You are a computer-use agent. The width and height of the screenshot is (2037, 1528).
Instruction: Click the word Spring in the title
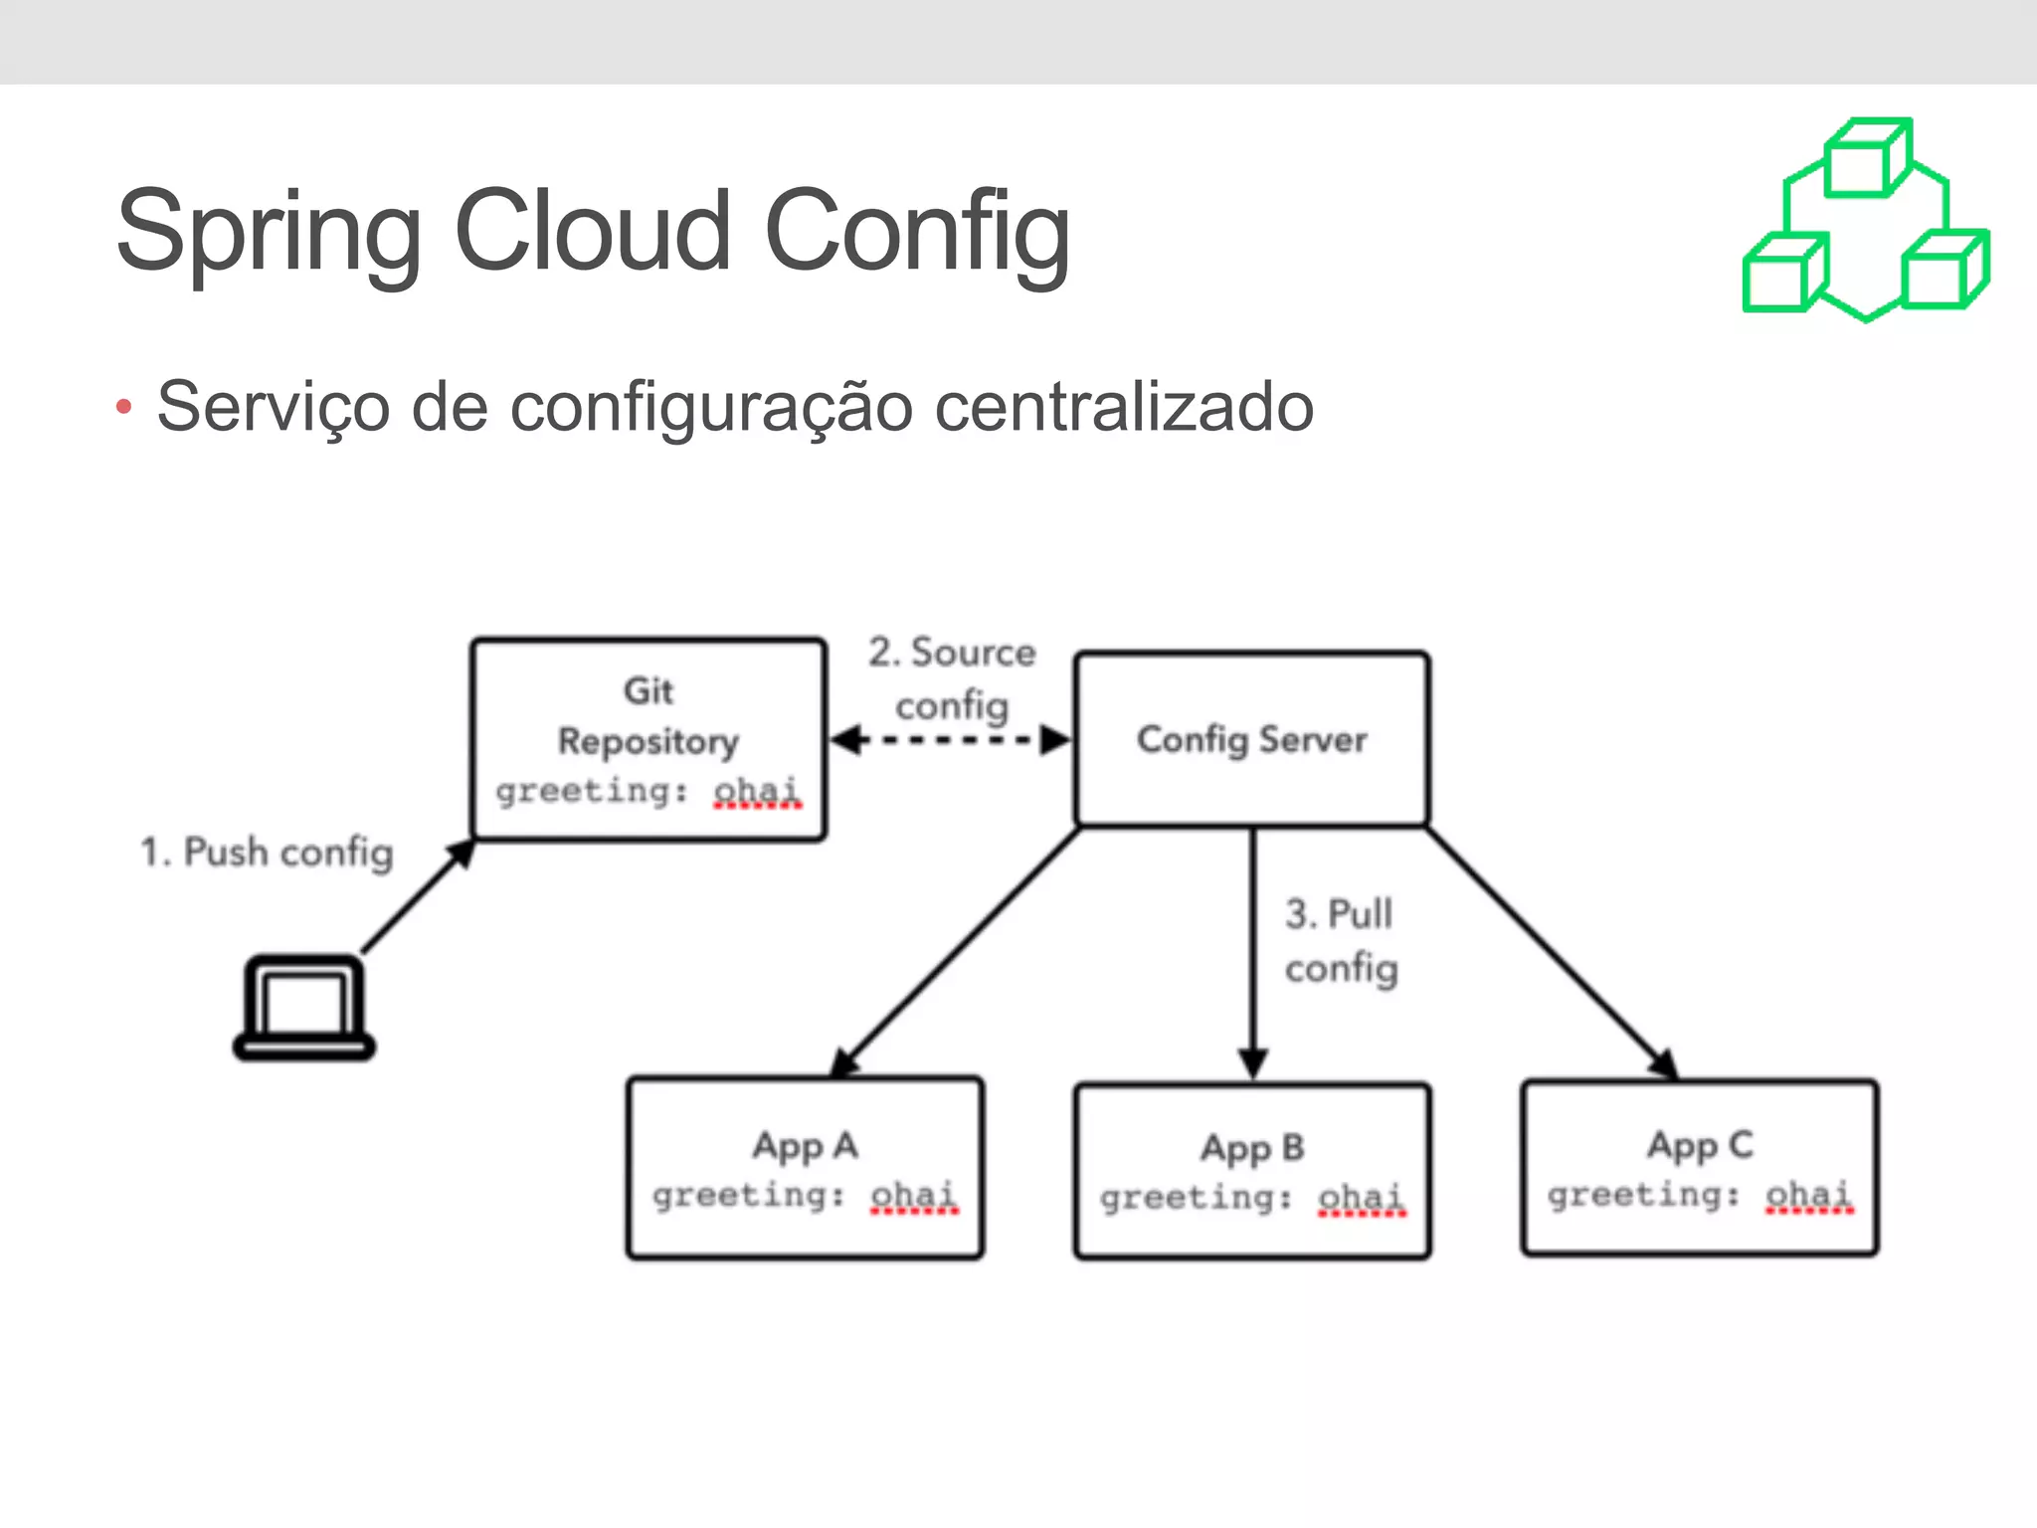pos(269,234)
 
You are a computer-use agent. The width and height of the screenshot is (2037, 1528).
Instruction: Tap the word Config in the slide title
pos(916,234)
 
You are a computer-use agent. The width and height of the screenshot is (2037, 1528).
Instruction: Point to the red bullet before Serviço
pos(123,406)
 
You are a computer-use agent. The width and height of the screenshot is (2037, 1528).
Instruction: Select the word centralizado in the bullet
pos(1124,407)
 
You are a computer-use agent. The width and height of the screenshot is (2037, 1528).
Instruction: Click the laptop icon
pos(304,1008)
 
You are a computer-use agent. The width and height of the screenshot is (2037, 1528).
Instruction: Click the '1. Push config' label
pos(267,853)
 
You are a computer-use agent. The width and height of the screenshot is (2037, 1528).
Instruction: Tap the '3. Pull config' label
pos(1341,940)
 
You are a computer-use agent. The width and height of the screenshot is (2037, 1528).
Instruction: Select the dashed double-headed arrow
pos(950,740)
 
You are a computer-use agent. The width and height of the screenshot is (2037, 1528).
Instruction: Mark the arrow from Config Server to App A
pos(955,952)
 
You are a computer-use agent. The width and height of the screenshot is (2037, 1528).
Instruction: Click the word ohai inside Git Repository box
pos(756,791)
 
